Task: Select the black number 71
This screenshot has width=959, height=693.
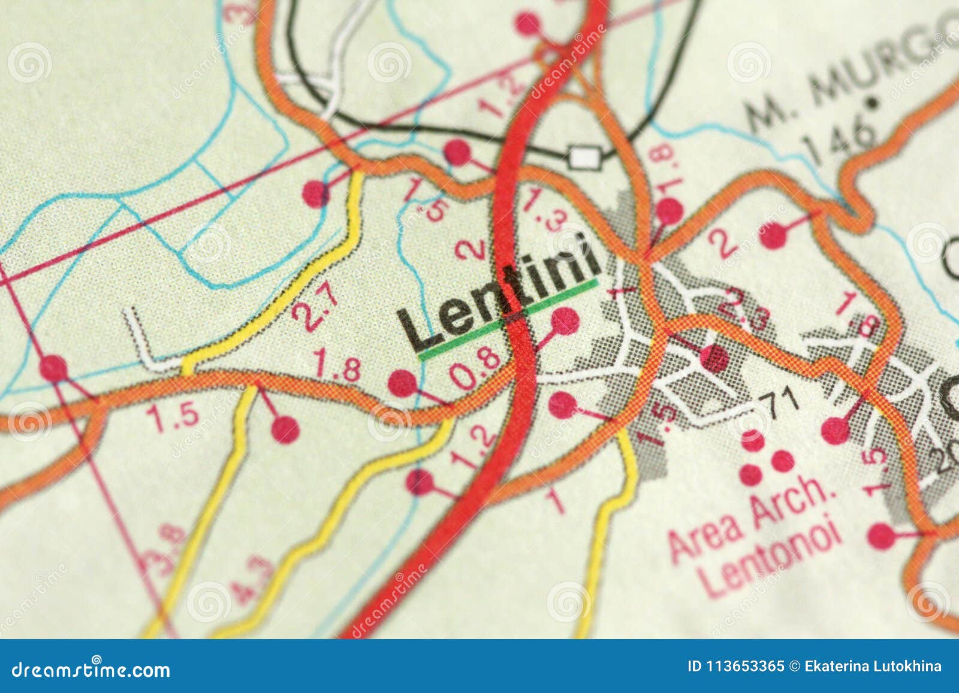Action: point(779,400)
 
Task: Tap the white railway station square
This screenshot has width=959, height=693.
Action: point(584,158)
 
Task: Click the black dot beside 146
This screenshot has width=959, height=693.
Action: point(874,103)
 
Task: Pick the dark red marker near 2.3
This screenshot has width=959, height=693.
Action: point(714,358)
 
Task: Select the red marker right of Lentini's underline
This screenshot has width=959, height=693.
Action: point(565,320)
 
